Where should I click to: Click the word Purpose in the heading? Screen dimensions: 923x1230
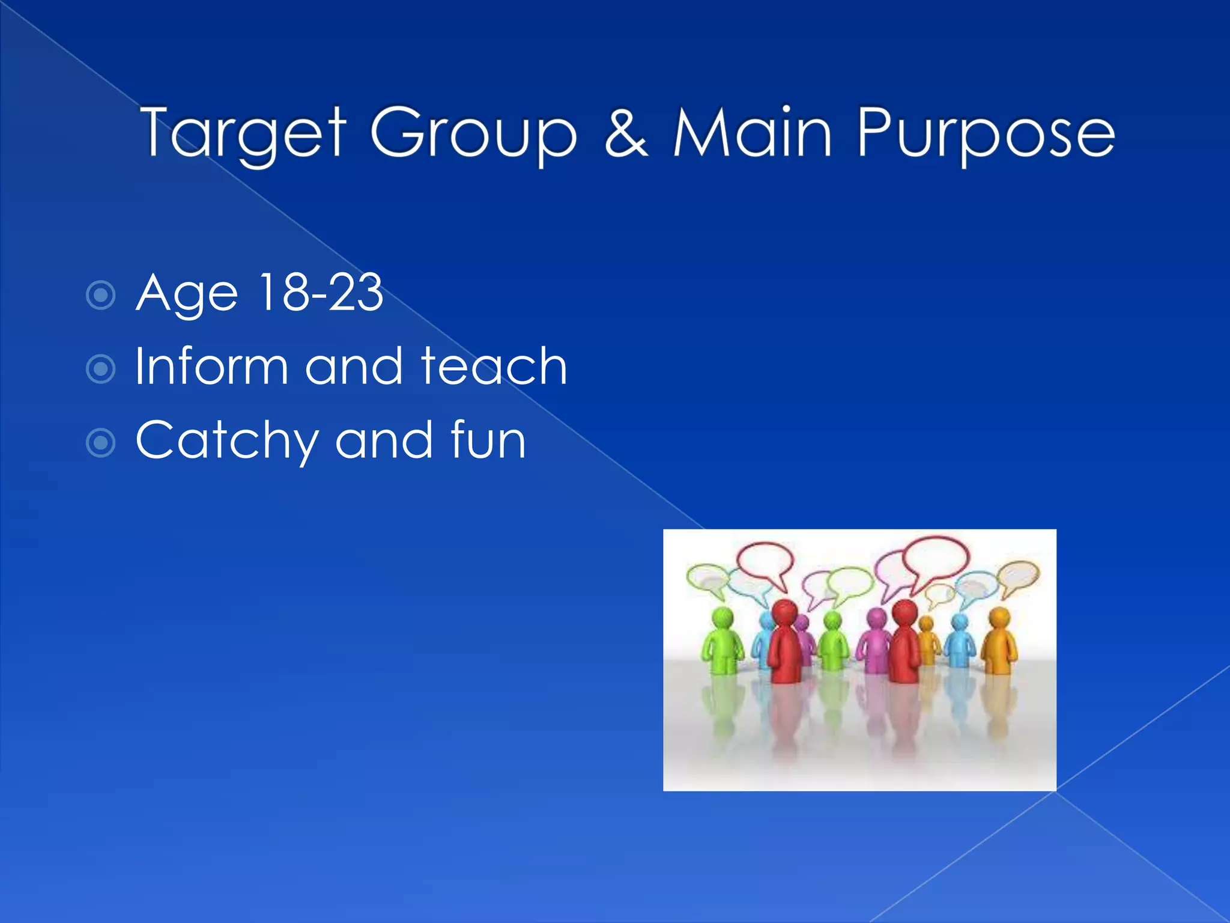[986, 133]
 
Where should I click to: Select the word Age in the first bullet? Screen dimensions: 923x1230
[187, 294]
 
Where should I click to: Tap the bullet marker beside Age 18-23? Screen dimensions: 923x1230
[100, 295]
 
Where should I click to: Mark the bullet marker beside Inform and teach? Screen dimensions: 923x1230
[100, 369]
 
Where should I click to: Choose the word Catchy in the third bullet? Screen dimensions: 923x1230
[226, 441]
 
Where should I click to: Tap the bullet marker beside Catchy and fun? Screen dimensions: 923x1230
[100, 443]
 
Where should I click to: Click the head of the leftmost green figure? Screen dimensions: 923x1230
[723, 617]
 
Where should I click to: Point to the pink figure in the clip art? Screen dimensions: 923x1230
[876, 640]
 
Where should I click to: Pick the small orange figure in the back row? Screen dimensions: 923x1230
[927, 640]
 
